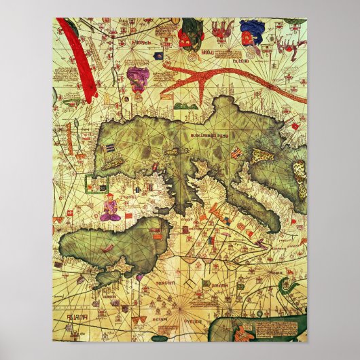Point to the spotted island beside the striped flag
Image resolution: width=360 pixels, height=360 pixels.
pos(262,156)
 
